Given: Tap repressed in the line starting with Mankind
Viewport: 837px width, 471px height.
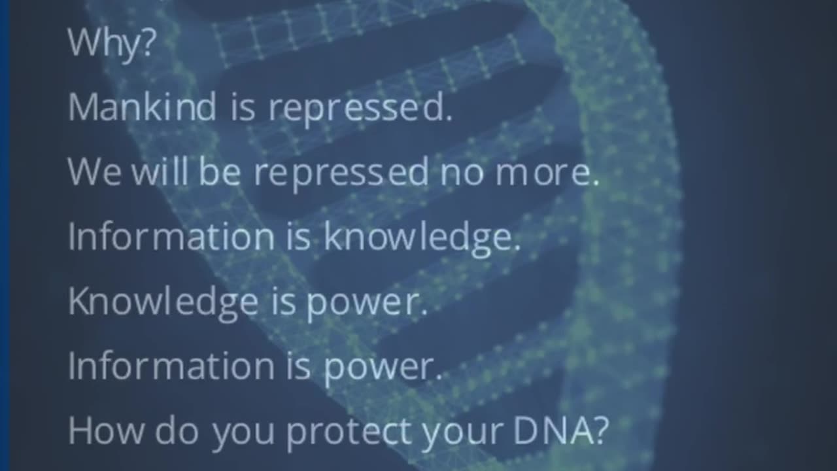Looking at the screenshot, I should pyautogui.click(x=360, y=108).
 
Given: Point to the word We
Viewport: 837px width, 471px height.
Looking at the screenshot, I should pyautogui.click(x=94, y=171).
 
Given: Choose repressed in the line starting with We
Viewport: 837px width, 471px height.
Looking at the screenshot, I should pyautogui.click(x=341, y=172).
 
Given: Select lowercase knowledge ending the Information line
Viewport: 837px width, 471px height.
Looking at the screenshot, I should pyautogui.click(x=422, y=238).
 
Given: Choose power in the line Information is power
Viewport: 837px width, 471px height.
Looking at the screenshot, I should pyautogui.click(x=383, y=367).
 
